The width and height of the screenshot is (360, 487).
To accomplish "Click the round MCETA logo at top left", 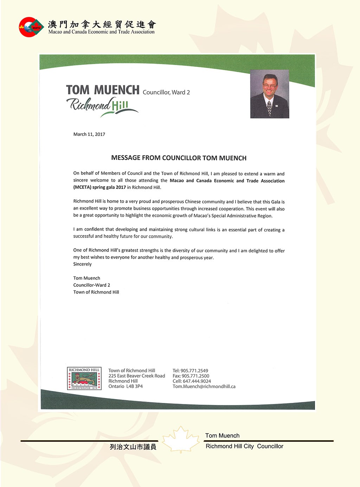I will (31, 27).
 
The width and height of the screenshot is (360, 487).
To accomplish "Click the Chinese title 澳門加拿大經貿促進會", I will (102, 24).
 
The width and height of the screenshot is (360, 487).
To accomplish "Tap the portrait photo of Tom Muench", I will (269, 94).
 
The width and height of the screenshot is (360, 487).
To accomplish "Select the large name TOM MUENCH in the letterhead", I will (103, 90).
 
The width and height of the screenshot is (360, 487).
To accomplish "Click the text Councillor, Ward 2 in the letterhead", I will (166, 92).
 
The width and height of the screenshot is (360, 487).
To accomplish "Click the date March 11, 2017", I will (89, 134).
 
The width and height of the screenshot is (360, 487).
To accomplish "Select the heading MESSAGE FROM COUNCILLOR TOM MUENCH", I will (179, 158).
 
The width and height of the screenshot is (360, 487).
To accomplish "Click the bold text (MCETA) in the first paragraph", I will (82, 187).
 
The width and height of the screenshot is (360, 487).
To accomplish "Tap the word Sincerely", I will (82, 264).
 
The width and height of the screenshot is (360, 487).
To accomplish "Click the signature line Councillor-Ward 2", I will (92, 285).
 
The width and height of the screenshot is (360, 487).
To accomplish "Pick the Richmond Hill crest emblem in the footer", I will (84, 378).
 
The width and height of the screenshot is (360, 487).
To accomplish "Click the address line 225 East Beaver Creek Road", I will (136, 376).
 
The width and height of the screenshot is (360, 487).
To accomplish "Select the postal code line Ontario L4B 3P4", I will (126, 386).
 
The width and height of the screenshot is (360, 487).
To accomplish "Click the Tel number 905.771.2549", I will (194, 371).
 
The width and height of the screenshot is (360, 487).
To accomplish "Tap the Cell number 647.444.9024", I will (197, 381).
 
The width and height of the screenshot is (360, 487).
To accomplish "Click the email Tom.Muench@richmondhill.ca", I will (204, 386).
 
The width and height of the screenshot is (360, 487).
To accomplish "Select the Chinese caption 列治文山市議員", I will (133, 447).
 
